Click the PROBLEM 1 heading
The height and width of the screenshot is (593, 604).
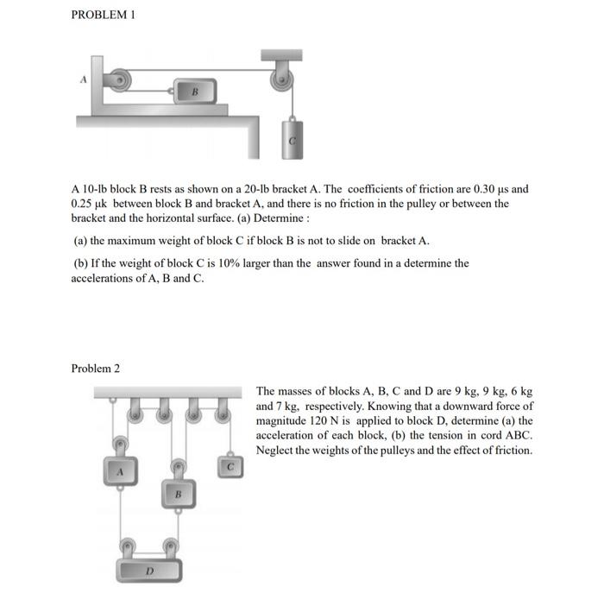tap(103, 16)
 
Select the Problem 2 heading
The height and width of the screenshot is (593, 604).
tap(95, 369)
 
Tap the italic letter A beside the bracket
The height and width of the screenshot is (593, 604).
tap(84, 77)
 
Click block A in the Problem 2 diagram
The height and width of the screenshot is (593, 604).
tap(122, 473)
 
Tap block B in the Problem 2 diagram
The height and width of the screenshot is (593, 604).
tap(177, 495)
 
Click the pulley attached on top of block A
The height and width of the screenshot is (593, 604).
tap(122, 445)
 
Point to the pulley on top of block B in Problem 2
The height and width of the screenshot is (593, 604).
tap(177, 467)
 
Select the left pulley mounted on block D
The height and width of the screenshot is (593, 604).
tap(128, 546)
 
